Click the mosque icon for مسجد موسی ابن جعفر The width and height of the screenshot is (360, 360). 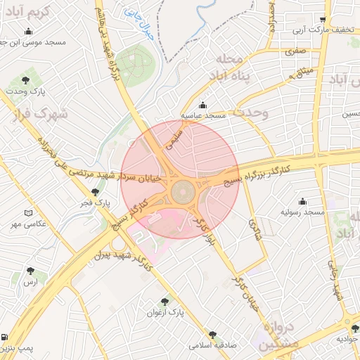point(28,31)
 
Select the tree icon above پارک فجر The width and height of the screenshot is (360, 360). point(95,191)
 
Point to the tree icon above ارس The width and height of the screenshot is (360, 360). point(30,270)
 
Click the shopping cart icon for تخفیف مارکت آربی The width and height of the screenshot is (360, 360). point(322,20)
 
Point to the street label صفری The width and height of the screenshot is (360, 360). point(295,51)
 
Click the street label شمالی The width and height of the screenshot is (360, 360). point(254,228)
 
